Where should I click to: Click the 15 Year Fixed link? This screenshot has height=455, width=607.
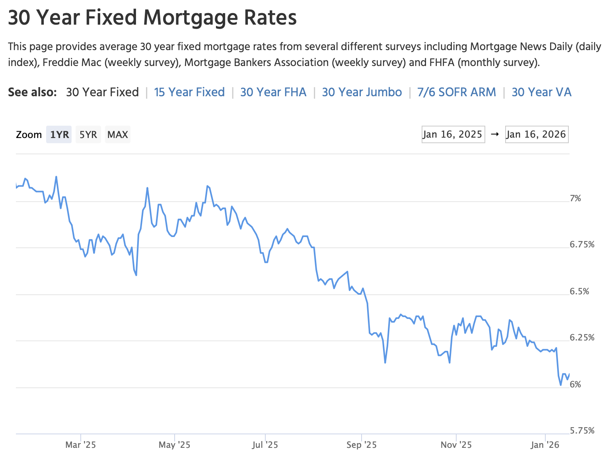pyautogui.click(x=189, y=92)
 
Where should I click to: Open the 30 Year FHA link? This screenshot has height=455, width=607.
pyautogui.click(x=273, y=92)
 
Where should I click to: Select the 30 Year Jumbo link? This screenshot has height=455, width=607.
pyautogui.click(x=362, y=92)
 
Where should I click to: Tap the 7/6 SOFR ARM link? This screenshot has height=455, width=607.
pyautogui.click(x=457, y=92)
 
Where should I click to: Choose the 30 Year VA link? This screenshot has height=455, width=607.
pyautogui.click(x=541, y=92)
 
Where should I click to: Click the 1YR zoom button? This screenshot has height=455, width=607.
pyautogui.click(x=59, y=135)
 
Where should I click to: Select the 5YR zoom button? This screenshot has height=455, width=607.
pyautogui.click(x=88, y=135)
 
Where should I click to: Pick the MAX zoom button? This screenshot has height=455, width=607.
pyautogui.click(x=118, y=135)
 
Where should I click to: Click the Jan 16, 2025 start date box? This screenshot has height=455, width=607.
pyautogui.click(x=453, y=134)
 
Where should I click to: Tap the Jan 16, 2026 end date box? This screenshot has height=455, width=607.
pyautogui.click(x=536, y=134)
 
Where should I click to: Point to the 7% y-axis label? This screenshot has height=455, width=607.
pyautogui.click(x=575, y=198)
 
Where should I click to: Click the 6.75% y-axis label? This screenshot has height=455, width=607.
pyautogui.click(x=582, y=245)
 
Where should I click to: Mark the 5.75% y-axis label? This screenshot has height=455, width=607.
pyautogui.click(x=582, y=431)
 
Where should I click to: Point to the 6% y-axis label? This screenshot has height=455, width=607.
pyautogui.click(x=575, y=385)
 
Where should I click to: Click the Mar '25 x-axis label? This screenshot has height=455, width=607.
pyautogui.click(x=81, y=445)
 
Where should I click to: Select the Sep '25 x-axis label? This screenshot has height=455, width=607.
pyautogui.click(x=362, y=445)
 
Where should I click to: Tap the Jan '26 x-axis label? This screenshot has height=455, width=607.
pyautogui.click(x=545, y=445)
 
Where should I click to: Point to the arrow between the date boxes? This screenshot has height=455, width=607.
pyautogui.click(x=495, y=134)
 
